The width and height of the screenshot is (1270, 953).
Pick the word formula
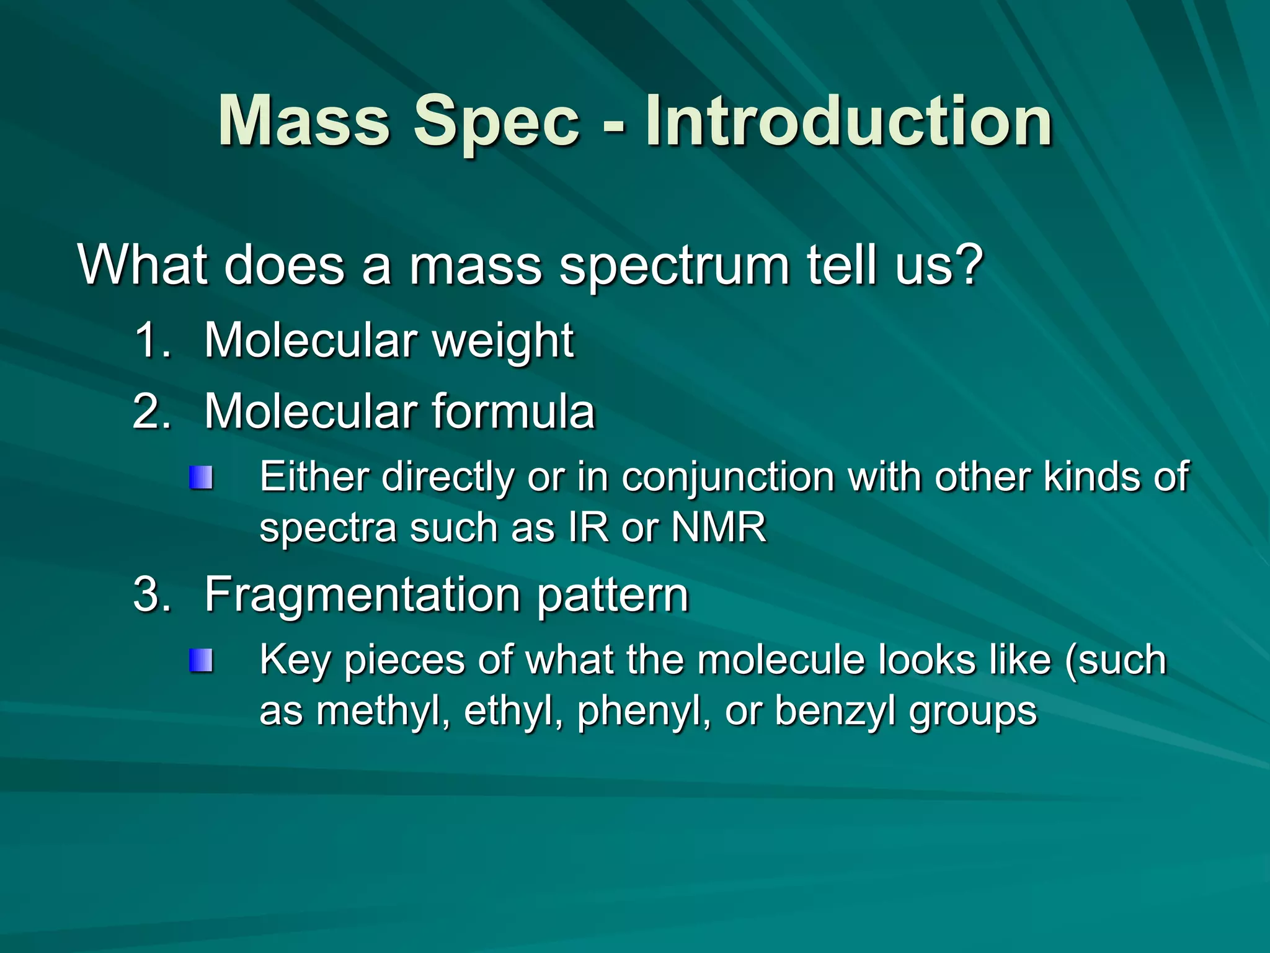click(513, 411)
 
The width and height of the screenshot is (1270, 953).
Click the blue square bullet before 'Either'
click(201, 478)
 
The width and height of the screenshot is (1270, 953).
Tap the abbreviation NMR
click(719, 528)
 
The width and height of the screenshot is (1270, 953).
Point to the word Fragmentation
click(362, 594)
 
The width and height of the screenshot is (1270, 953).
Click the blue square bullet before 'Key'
click(201, 660)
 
